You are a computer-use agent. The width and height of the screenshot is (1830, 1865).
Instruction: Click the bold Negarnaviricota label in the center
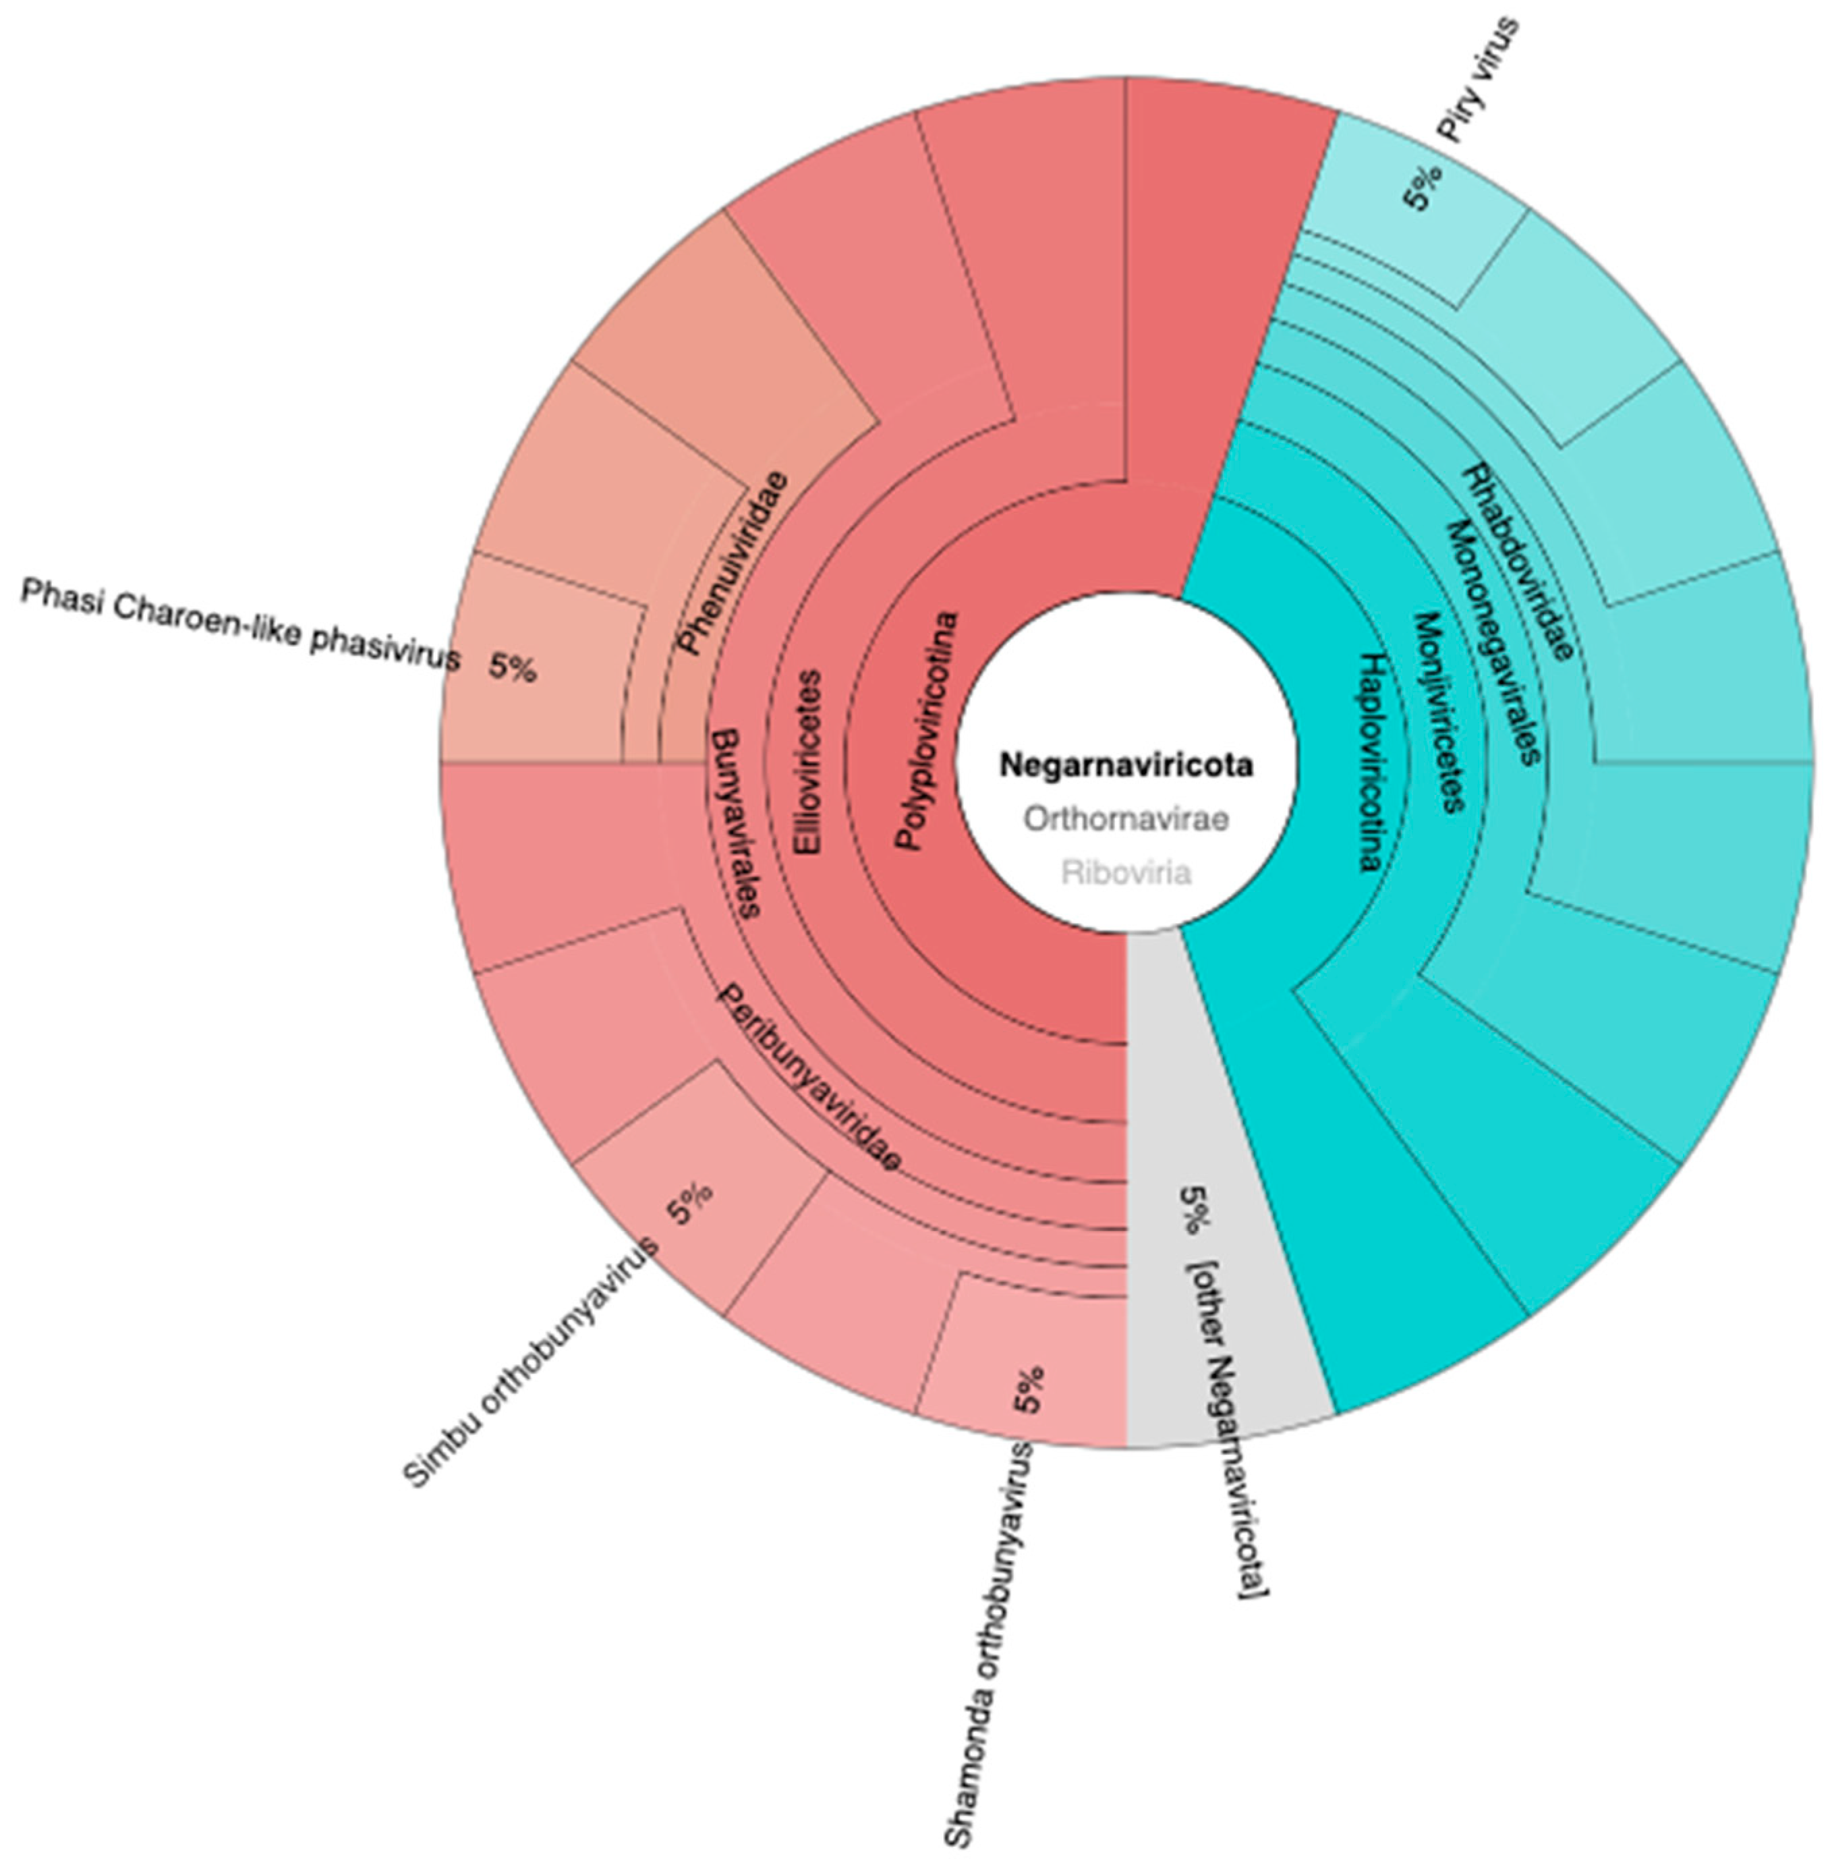click(x=1126, y=765)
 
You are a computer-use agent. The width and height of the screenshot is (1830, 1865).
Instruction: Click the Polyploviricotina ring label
click(x=927, y=731)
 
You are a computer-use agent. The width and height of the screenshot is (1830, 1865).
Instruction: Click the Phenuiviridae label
click(x=733, y=563)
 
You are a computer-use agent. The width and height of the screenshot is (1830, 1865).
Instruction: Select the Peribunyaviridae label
click(x=810, y=1077)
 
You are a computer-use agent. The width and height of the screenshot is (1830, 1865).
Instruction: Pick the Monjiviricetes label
click(x=1439, y=711)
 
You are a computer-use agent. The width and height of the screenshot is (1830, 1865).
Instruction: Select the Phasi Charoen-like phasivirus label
click(x=240, y=625)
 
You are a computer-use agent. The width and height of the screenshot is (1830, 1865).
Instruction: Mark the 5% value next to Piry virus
click(x=1423, y=186)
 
